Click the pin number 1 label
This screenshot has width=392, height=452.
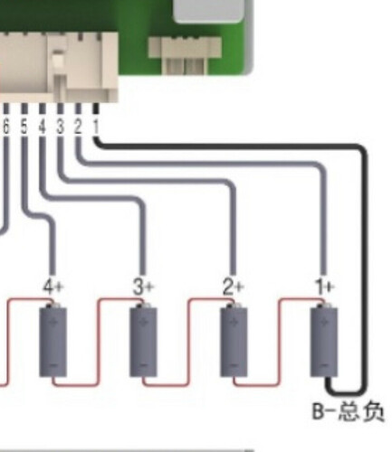coord(96,127)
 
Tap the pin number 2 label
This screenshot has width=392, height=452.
coord(78,127)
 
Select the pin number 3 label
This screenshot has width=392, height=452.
coord(61,127)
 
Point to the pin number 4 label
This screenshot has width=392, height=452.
coord(43,127)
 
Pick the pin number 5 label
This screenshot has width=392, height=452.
coord(24,127)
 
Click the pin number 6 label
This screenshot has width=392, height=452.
coord(6,127)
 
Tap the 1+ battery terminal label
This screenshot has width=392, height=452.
coord(324,287)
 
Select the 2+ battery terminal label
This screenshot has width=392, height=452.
coord(233,287)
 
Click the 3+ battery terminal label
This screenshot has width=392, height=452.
coord(143,287)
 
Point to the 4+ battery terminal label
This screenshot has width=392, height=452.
coord(53,287)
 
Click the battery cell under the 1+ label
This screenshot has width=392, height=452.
coord(324,341)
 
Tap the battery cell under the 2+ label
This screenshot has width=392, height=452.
coord(234,341)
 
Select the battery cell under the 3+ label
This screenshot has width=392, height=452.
coord(143,341)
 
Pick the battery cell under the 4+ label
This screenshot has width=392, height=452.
coord(53,341)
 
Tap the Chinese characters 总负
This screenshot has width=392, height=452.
coord(361,411)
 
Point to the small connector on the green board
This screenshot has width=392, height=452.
coord(185,55)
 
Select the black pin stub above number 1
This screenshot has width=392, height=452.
coord(96,108)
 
